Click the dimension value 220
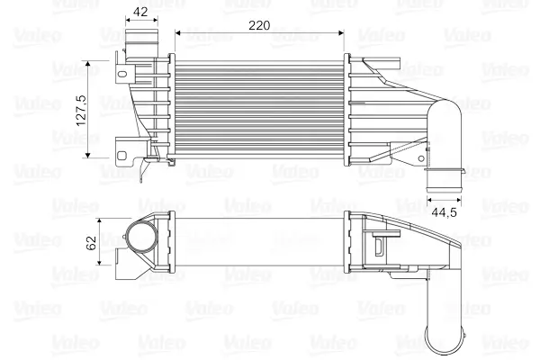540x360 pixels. (259, 25)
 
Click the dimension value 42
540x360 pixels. (140, 12)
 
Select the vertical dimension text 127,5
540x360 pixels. (81, 110)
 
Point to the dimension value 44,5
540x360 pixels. (444, 212)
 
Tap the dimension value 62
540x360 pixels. (91, 243)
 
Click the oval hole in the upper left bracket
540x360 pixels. (122, 74)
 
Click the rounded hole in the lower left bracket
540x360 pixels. (121, 156)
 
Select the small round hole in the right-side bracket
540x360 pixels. (421, 158)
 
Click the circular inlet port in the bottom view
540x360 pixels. (141, 238)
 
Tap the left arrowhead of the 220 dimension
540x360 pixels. (177, 33)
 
